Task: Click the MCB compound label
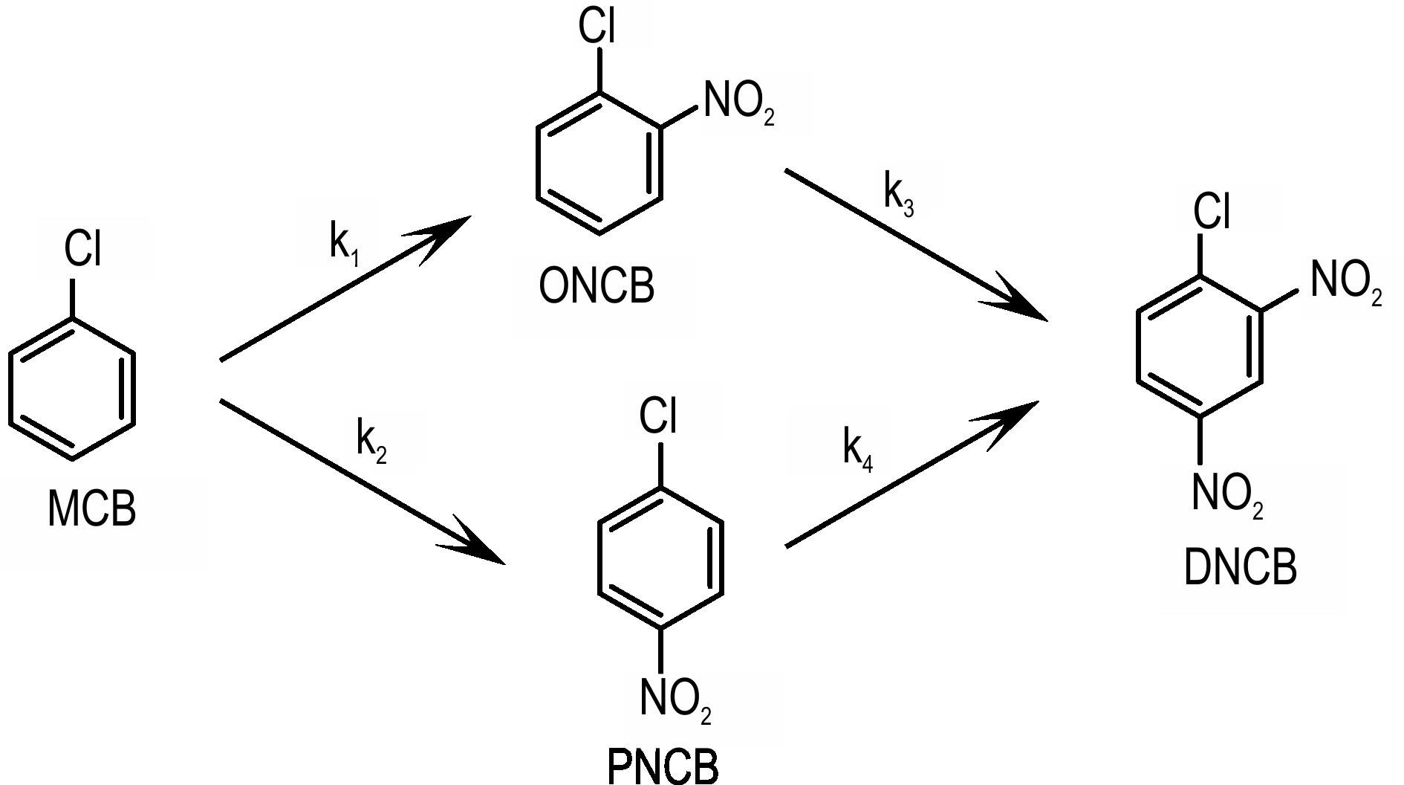pos(92,508)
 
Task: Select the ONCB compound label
pos(597,286)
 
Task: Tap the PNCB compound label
pos(663,766)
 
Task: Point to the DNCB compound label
pos(1241,567)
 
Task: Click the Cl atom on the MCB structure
pos(82,248)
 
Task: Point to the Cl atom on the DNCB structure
pos(1212,210)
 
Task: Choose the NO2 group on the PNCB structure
pos(676,700)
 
